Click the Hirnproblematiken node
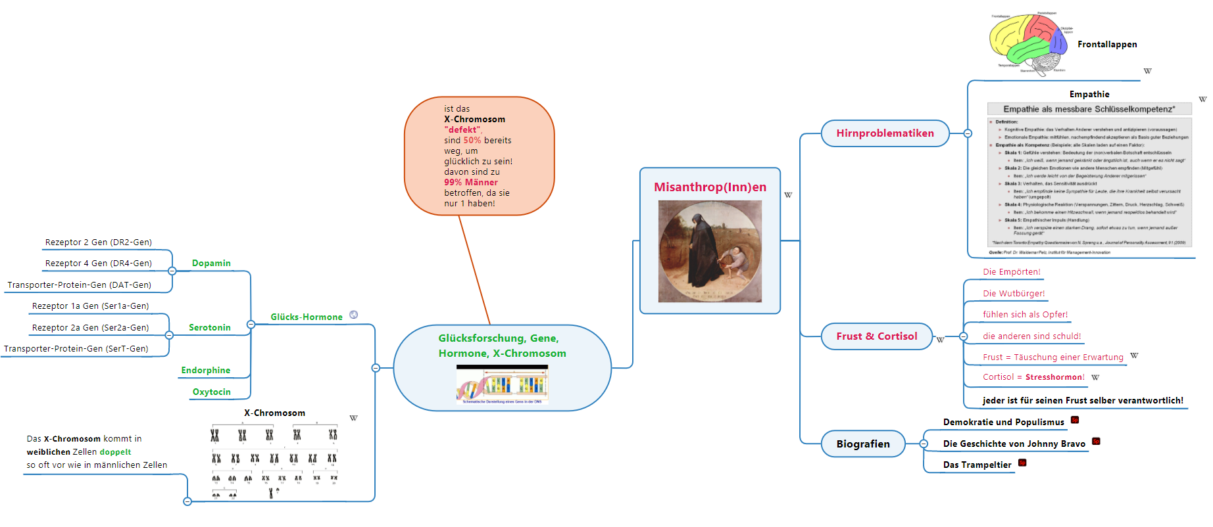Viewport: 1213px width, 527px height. click(885, 133)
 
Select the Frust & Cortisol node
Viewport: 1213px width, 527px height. click(876, 336)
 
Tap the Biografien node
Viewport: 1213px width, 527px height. click(862, 444)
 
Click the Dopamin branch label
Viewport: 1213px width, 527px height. click(211, 263)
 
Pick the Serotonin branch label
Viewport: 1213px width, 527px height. click(210, 328)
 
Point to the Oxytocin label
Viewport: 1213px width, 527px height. click(211, 392)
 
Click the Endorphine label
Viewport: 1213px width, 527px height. click(206, 371)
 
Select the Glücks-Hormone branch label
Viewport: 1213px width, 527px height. click(307, 317)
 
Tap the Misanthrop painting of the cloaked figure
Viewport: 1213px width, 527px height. click(710, 251)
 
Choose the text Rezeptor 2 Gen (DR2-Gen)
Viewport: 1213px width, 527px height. click(99, 242)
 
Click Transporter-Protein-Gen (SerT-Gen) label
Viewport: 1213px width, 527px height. click(76, 349)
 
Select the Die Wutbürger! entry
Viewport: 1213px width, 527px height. click(1014, 294)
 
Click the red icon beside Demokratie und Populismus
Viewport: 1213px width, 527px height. click(1075, 420)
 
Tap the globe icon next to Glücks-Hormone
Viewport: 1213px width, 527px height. click(354, 315)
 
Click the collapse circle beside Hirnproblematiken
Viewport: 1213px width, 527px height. click(968, 133)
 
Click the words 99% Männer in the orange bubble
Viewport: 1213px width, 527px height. click(471, 183)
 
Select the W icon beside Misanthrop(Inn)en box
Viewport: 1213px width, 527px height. click(788, 195)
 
